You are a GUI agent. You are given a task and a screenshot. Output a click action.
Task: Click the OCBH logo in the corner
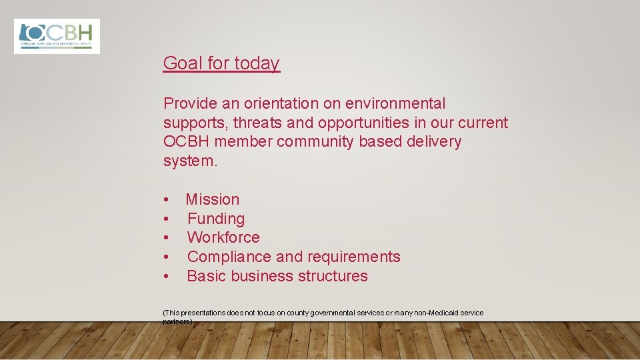click(x=57, y=36)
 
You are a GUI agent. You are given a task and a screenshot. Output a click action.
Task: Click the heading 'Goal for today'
click(x=221, y=63)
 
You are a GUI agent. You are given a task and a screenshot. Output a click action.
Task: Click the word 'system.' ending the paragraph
click(x=190, y=161)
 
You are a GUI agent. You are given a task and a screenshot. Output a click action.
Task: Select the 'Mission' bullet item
click(x=213, y=199)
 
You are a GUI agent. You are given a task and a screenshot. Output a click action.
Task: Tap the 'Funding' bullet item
click(x=216, y=219)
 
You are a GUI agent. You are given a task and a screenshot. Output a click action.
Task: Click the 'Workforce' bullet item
click(x=223, y=237)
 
